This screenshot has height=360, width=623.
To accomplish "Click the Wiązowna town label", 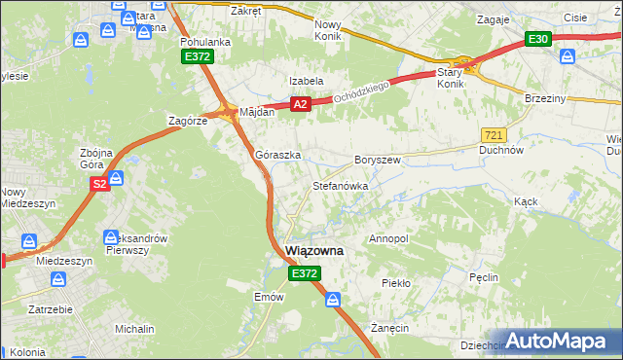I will point(313,251).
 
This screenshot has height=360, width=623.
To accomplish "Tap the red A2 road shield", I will point(300,104).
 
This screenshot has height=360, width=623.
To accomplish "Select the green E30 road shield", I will point(538,39).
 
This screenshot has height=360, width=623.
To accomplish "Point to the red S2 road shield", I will point(98,182).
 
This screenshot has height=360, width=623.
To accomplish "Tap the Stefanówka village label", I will point(340,185).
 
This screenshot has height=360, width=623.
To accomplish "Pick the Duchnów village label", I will point(502,151).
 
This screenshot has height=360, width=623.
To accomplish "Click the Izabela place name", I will point(306,81).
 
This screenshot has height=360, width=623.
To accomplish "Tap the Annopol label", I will point(388,238).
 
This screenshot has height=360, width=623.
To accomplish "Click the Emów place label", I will point(268,296).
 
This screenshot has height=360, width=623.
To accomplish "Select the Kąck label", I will point(527,201).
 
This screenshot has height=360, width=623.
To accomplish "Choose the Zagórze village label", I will point(188,121).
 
